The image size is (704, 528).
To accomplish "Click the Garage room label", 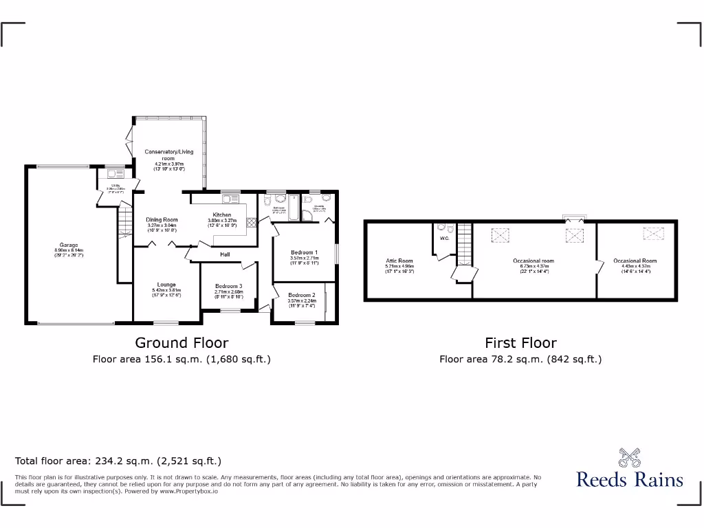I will click(x=68, y=245).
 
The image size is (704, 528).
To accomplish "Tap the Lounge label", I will click(x=166, y=284).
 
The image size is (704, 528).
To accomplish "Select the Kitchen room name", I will click(x=222, y=215).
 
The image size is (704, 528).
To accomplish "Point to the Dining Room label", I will click(x=162, y=220).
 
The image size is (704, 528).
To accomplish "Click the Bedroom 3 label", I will click(x=228, y=286).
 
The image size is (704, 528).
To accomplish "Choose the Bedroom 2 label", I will click(x=301, y=295).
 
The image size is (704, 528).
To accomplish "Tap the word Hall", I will click(x=225, y=254).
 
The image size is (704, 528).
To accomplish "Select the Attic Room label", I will click(x=399, y=261).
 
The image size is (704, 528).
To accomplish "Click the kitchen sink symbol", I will click(x=230, y=199).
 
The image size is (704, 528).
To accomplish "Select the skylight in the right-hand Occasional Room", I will click(x=652, y=234).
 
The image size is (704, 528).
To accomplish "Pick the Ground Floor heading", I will click(x=181, y=342).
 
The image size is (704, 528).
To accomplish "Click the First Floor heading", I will click(x=520, y=342).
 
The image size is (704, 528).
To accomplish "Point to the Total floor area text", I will click(x=118, y=461).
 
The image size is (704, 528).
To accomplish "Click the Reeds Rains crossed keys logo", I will click(x=630, y=457).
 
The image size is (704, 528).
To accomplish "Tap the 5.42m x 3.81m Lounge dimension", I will click(x=166, y=290).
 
